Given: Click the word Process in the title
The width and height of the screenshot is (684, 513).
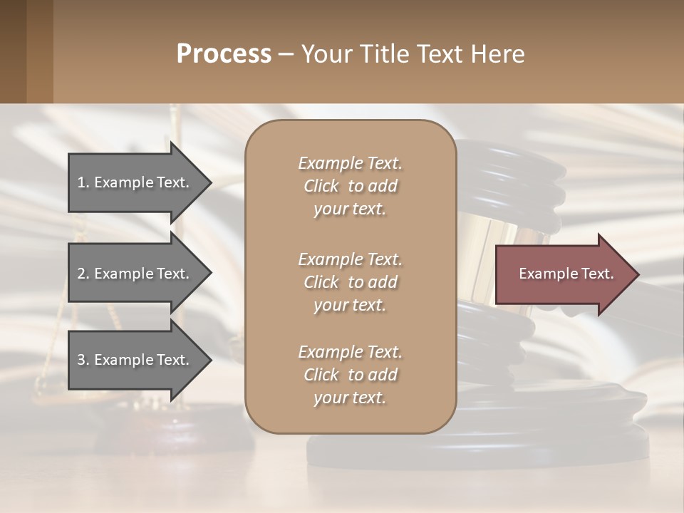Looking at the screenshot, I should click(224, 54).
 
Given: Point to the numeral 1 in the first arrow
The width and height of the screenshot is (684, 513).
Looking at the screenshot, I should click(81, 182).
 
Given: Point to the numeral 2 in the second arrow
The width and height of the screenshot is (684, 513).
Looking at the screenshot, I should click(81, 274).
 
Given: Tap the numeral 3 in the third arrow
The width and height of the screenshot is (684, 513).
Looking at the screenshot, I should click(81, 360).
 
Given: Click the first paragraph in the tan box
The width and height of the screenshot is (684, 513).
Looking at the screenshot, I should click(350, 186).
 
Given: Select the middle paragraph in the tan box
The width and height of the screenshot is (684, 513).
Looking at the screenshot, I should click(350, 281).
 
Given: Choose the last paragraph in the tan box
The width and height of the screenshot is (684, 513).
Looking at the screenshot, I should click(350, 375).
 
